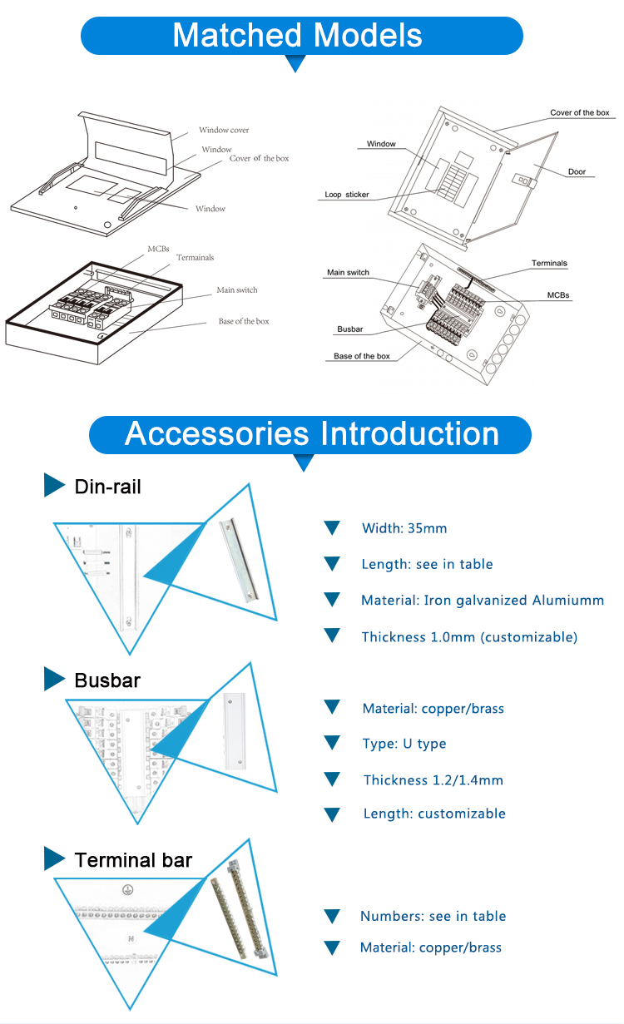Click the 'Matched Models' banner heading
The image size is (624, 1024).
pyautogui.click(x=297, y=36)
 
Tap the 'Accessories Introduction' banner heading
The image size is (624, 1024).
pyautogui.click(x=311, y=434)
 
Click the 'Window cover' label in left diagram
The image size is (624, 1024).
pyautogui.click(x=224, y=131)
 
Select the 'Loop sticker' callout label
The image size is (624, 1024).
pyautogui.click(x=347, y=195)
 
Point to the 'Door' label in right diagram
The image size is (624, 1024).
pyautogui.click(x=577, y=172)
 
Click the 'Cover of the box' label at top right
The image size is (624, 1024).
pyautogui.click(x=579, y=112)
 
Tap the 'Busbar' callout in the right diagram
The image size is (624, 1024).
pyautogui.click(x=350, y=329)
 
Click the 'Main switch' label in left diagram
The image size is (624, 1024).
pyautogui.click(x=237, y=290)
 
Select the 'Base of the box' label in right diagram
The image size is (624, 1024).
pyautogui.click(x=362, y=356)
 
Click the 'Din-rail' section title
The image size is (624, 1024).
pyautogui.click(x=108, y=487)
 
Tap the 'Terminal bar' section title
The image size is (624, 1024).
pyautogui.click(x=133, y=860)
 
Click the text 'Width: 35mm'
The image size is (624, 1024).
pyautogui.click(x=404, y=528)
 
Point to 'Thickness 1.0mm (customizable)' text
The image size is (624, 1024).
pyautogui.click(x=469, y=637)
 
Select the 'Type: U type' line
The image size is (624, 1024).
pyautogui.click(x=404, y=744)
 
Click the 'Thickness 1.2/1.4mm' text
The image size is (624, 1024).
pyautogui.click(x=433, y=780)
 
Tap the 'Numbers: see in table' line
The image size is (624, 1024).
pyautogui.click(x=433, y=916)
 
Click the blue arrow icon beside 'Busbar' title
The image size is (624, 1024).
pyautogui.click(x=54, y=679)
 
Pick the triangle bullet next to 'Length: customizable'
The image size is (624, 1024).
pyautogui.click(x=332, y=814)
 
